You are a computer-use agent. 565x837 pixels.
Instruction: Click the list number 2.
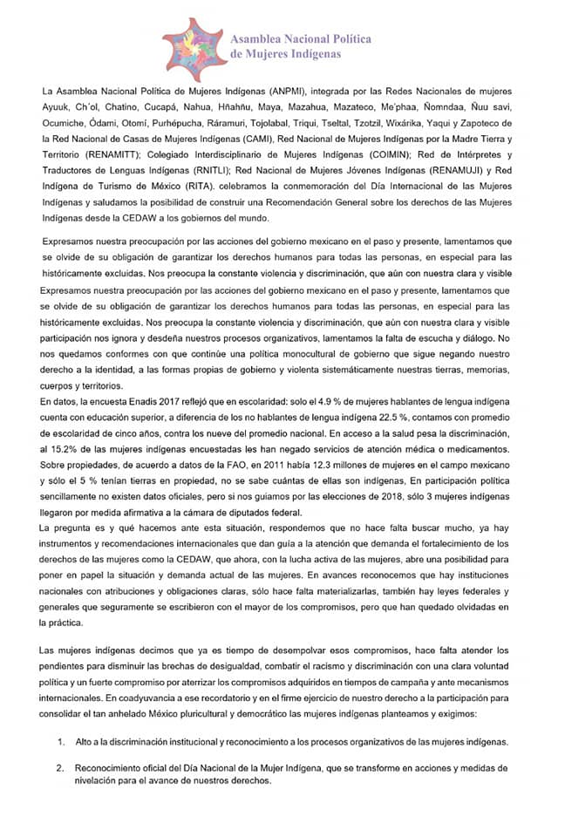[x=61, y=768]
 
